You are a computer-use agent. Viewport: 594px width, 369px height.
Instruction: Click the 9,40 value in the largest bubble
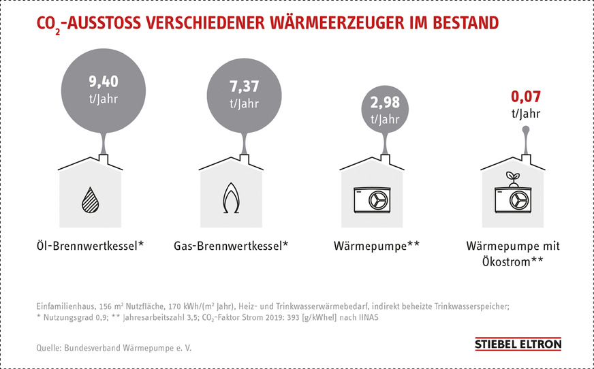click(x=104, y=83)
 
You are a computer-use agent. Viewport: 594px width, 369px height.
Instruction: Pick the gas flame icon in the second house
click(x=232, y=199)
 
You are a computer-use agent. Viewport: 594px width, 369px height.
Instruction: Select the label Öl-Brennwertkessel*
click(x=91, y=245)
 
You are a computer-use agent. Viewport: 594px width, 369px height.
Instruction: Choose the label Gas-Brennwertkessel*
click(x=232, y=245)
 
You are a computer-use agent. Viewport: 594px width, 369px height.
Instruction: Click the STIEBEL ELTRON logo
click(x=518, y=344)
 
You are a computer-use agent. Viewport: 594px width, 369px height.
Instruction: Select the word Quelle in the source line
click(x=49, y=348)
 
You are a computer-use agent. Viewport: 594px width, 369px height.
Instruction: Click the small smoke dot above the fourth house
click(x=525, y=129)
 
